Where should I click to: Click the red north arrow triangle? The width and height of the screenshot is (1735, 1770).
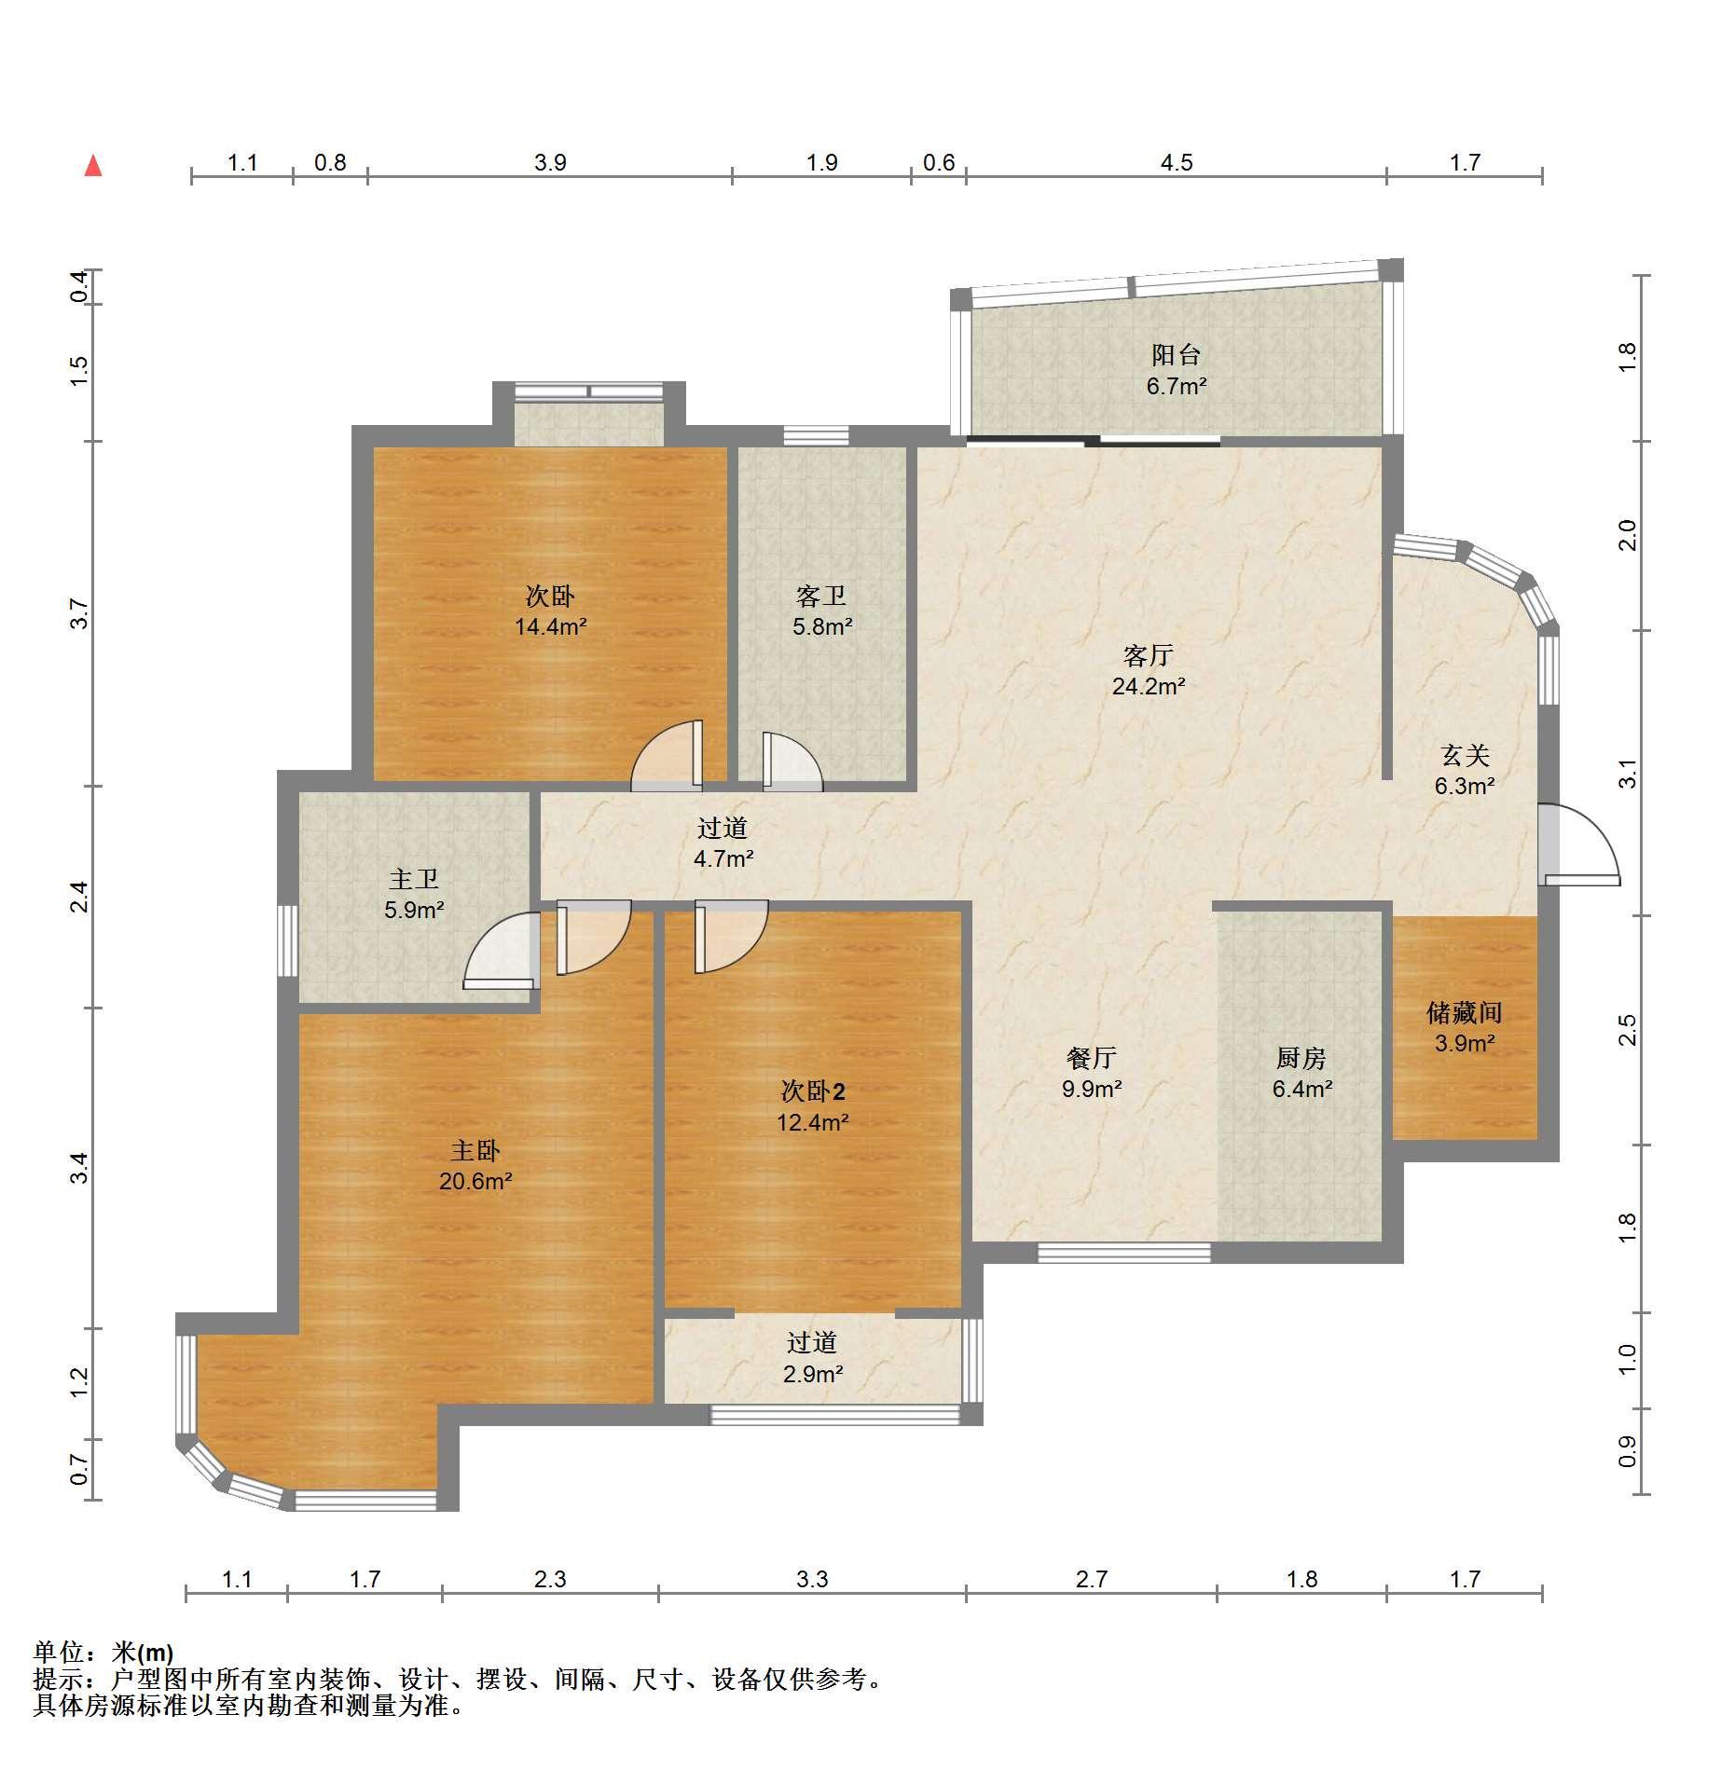(x=93, y=166)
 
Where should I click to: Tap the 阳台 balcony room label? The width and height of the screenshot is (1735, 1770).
(x=1176, y=354)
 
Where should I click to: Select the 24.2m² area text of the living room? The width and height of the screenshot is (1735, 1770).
(x=1148, y=687)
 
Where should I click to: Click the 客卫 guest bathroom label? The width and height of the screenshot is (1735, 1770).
(x=821, y=596)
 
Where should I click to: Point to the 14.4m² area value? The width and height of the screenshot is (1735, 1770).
(x=550, y=627)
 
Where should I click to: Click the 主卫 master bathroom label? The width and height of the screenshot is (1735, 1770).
(x=413, y=879)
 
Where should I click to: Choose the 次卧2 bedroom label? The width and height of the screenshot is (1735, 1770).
(x=813, y=1091)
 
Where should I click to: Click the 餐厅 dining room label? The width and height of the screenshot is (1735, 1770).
(x=1091, y=1058)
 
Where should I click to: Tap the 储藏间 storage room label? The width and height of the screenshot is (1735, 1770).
(x=1464, y=1012)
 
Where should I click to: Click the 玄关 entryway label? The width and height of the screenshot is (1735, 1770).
(x=1464, y=755)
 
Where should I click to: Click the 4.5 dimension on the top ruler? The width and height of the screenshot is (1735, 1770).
(x=1176, y=163)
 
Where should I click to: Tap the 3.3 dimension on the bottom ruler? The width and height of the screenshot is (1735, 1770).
(x=812, y=1578)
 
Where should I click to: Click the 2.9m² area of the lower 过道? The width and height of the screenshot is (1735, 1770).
(x=813, y=1374)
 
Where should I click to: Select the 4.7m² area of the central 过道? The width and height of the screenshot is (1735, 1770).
(x=723, y=858)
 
